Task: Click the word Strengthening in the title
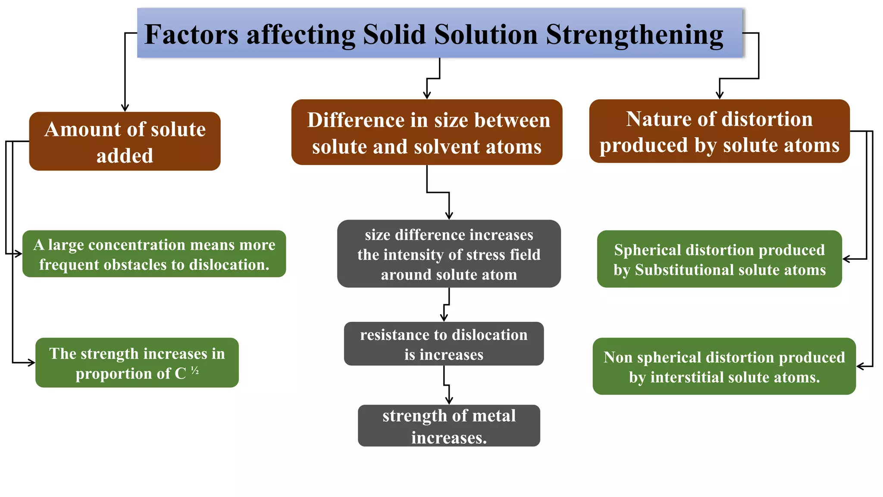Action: point(635,35)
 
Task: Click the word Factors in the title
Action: point(191,35)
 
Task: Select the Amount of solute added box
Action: point(125,142)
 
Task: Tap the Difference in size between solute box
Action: point(426,132)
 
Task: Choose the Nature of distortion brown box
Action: point(719,132)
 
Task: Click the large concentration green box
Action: point(154,254)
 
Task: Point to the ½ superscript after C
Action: point(195,371)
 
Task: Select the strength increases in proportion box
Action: point(137,363)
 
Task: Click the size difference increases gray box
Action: point(449,254)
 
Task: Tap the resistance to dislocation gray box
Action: point(444,344)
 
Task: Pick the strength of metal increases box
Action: point(449,426)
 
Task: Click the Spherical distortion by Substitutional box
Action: point(719,259)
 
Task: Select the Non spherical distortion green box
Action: point(724,367)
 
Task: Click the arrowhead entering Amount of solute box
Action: point(125,108)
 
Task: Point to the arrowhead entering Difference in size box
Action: point(427,95)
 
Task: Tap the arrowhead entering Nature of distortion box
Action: point(719,95)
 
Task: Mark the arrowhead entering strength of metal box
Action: point(449,400)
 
